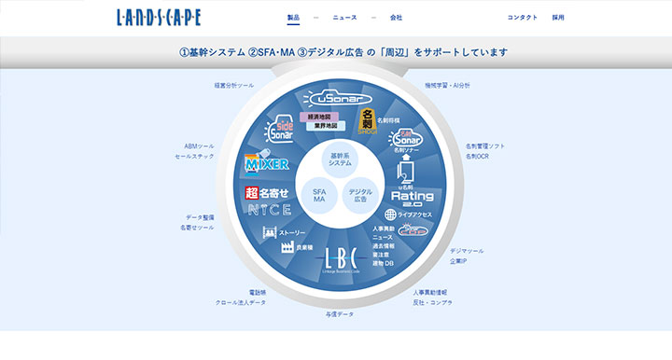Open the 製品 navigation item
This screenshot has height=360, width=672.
point(293,18)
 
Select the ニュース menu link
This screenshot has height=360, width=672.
point(344,18)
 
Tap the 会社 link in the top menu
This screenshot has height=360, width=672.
point(396,18)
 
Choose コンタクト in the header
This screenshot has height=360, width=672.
point(523,18)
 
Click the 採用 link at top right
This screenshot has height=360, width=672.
point(558,18)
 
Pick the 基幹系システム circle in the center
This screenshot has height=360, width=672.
point(341,159)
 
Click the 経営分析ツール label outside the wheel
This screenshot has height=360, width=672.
point(233,85)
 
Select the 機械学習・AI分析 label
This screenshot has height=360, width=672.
point(447,85)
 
